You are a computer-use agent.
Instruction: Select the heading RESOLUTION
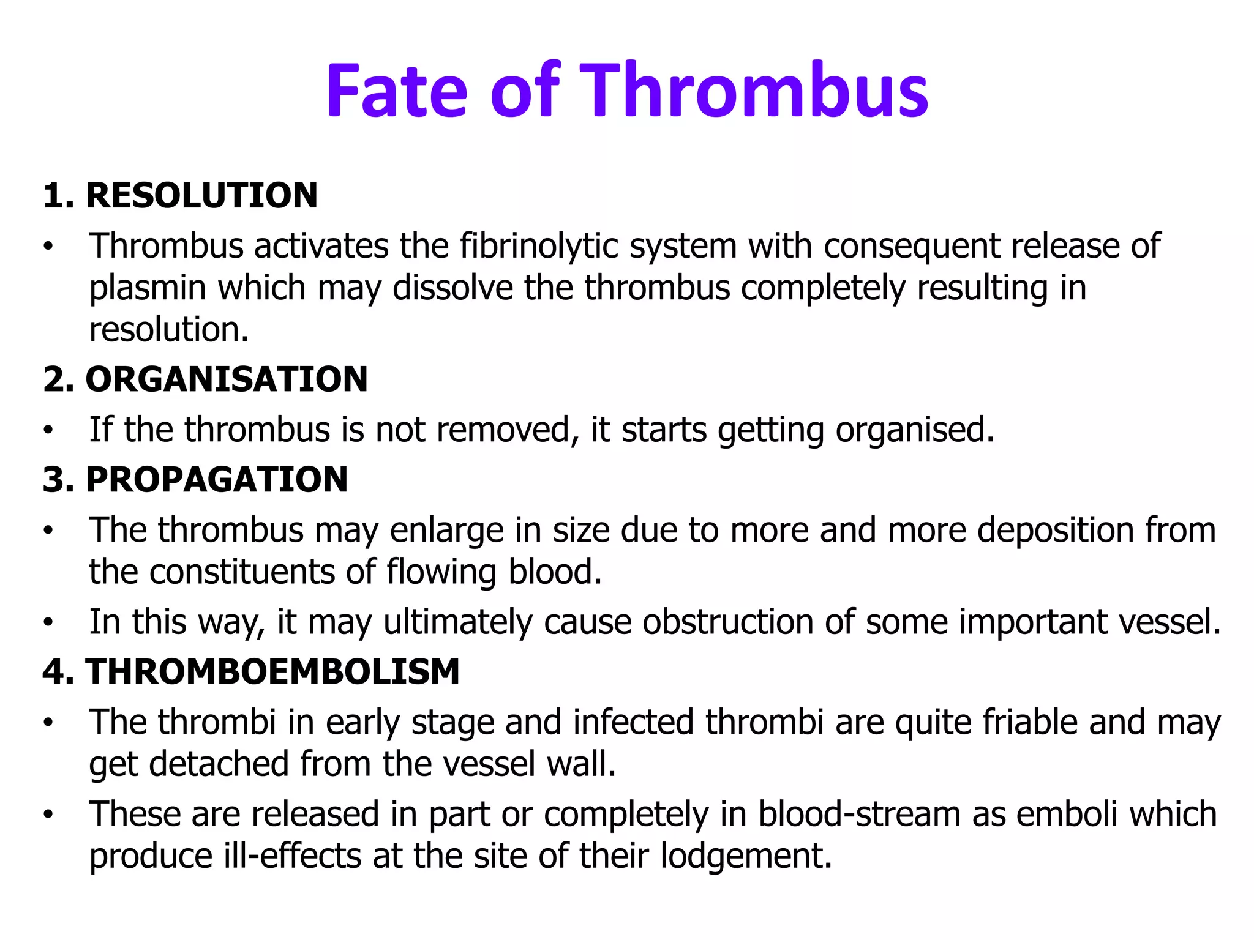201,196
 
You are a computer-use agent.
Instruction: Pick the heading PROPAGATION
217,479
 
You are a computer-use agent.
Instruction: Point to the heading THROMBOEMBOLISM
272,672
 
